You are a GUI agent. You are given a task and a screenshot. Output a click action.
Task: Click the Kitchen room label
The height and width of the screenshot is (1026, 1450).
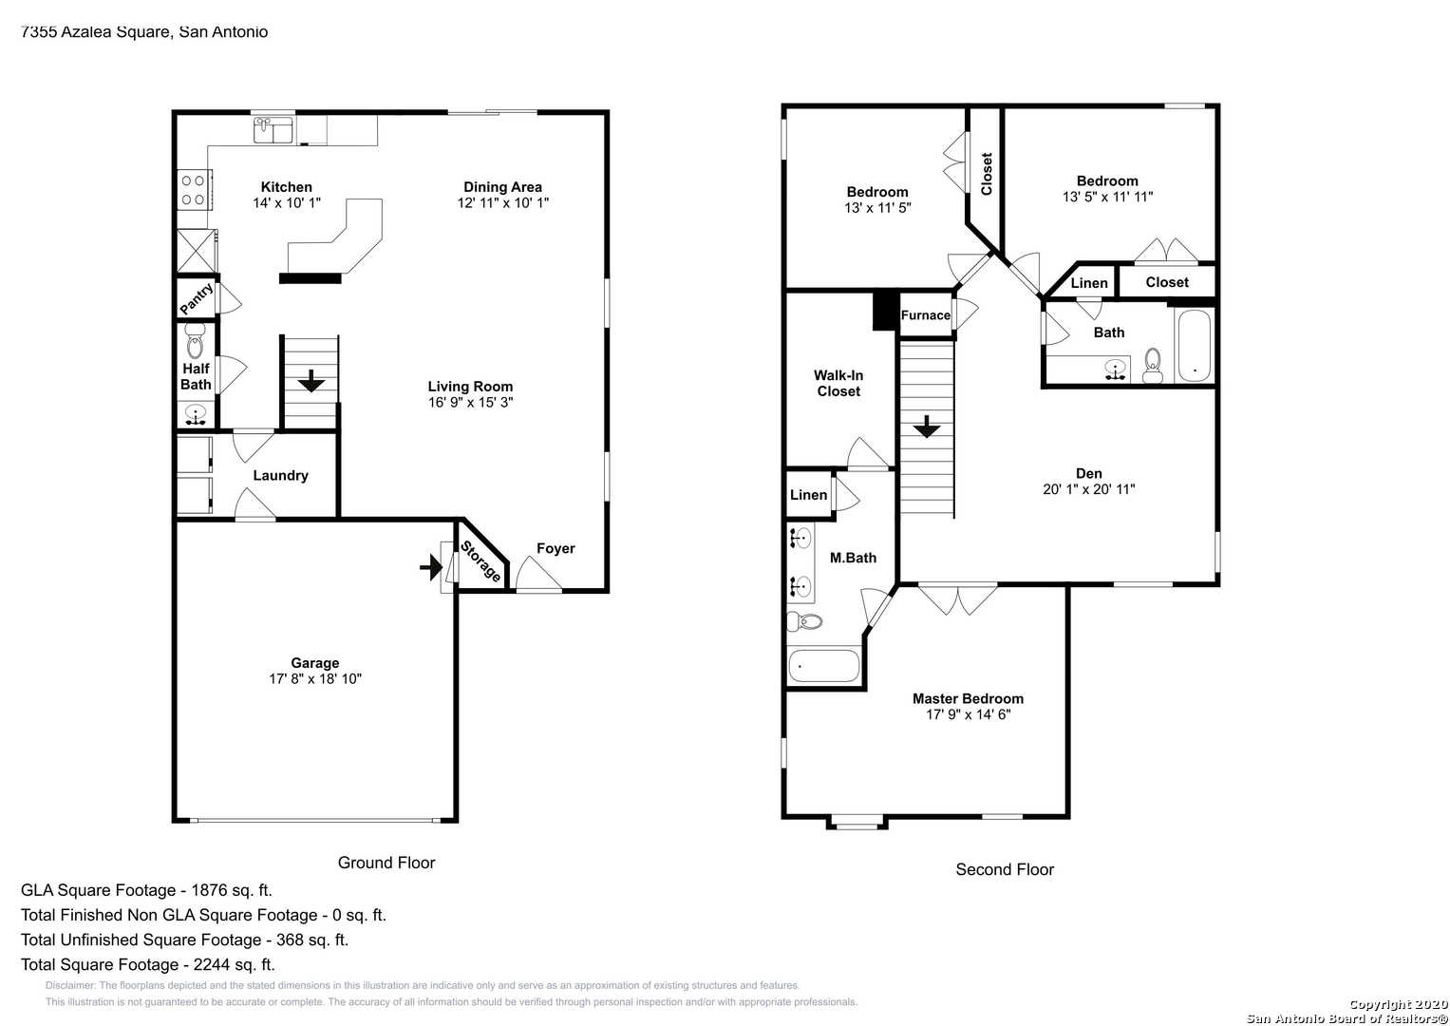(x=286, y=187)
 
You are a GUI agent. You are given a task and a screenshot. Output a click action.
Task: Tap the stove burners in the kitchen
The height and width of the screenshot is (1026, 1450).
(x=193, y=190)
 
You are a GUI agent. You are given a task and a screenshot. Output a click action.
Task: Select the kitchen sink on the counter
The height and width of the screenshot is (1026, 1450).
(x=273, y=129)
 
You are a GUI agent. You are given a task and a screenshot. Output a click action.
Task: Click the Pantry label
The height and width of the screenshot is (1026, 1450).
(x=197, y=298)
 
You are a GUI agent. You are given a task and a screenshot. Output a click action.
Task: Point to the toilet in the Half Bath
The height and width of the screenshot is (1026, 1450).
(x=195, y=341)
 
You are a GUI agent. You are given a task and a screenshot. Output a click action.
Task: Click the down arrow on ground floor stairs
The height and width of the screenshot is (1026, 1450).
(x=311, y=381)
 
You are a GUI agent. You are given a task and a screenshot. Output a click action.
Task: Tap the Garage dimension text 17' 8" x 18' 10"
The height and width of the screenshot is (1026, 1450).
(x=315, y=679)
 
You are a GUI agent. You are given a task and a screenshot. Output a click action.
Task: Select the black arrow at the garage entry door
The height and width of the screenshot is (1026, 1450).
(x=431, y=567)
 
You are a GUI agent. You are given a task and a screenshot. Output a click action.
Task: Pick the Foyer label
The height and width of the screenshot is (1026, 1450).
(x=556, y=549)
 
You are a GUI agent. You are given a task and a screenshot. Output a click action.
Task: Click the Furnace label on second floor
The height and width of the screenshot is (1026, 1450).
(x=926, y=315)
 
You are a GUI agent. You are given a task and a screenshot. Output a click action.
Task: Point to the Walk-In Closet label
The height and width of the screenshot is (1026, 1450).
(x=838, y=384)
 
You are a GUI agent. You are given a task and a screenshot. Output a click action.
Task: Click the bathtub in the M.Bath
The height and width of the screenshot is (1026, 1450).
(x=823, y=665)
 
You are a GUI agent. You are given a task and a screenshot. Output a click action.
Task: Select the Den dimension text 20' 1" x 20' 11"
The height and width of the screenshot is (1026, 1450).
(x=1089, y=489)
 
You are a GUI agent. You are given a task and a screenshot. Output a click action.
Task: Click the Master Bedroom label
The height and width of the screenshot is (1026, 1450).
(x=969, y=699)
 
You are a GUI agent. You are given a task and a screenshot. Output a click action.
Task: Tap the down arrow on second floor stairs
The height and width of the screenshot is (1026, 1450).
(x=927, y=427)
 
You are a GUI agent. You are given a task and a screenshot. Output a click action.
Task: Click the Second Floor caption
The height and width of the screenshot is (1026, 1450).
(x=1005, y=869)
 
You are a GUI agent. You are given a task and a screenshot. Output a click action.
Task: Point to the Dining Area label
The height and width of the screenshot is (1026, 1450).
(x=503, y=187)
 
